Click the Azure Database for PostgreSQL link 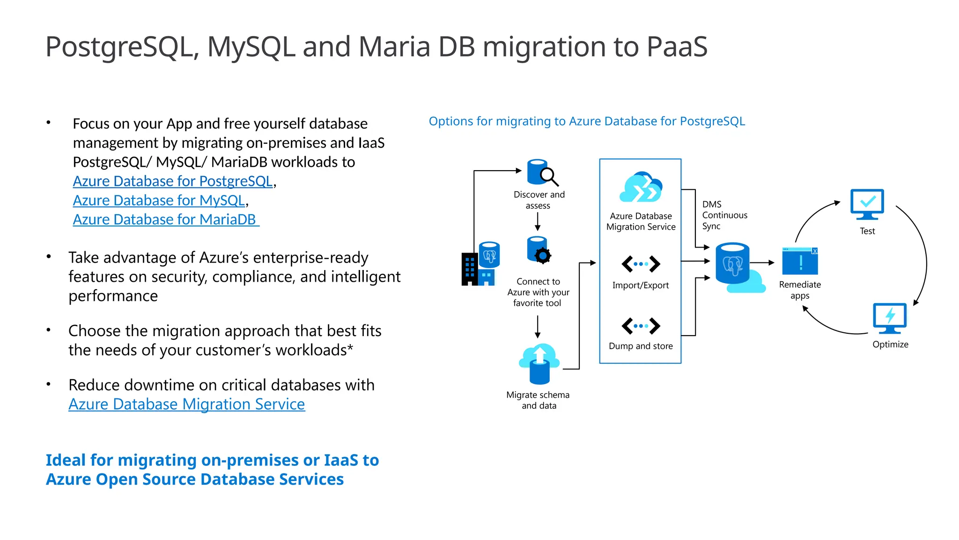point(173,181)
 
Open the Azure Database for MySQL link point(159,201)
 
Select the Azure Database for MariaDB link point(165,220)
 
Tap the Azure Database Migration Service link point(186,405)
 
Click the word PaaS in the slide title point(677,47)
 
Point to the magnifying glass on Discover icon point(549,176)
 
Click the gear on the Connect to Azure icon point(543,255)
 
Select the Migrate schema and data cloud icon point(539,363)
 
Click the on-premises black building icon point(470,269)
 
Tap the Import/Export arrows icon point(641,264)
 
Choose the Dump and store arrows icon point(641,325)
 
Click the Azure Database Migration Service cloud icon point(641,187)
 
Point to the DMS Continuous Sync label point(724,215)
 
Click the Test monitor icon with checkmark point(867,204)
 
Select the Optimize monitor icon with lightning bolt point(890,318)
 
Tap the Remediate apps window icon point(800,261)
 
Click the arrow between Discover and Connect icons point(538,221)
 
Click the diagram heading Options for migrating point(586,121)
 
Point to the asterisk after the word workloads point(350,348)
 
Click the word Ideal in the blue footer point(66,460)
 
